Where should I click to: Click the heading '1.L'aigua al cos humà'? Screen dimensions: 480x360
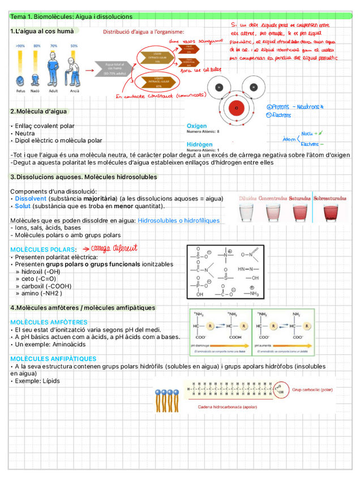point(42,31)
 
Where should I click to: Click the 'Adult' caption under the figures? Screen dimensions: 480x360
point(53,91)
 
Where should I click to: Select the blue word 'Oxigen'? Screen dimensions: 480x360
point(196,125)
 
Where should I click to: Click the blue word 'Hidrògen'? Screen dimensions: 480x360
point(199,144)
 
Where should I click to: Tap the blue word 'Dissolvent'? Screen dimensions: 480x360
point(31,199)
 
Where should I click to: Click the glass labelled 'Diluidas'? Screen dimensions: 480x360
point(247,212)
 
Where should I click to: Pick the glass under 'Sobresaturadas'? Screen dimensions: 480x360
point(329,212)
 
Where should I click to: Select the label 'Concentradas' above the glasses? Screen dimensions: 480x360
point(272,199)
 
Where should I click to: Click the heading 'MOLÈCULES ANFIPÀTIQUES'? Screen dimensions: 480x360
point(53,359)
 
